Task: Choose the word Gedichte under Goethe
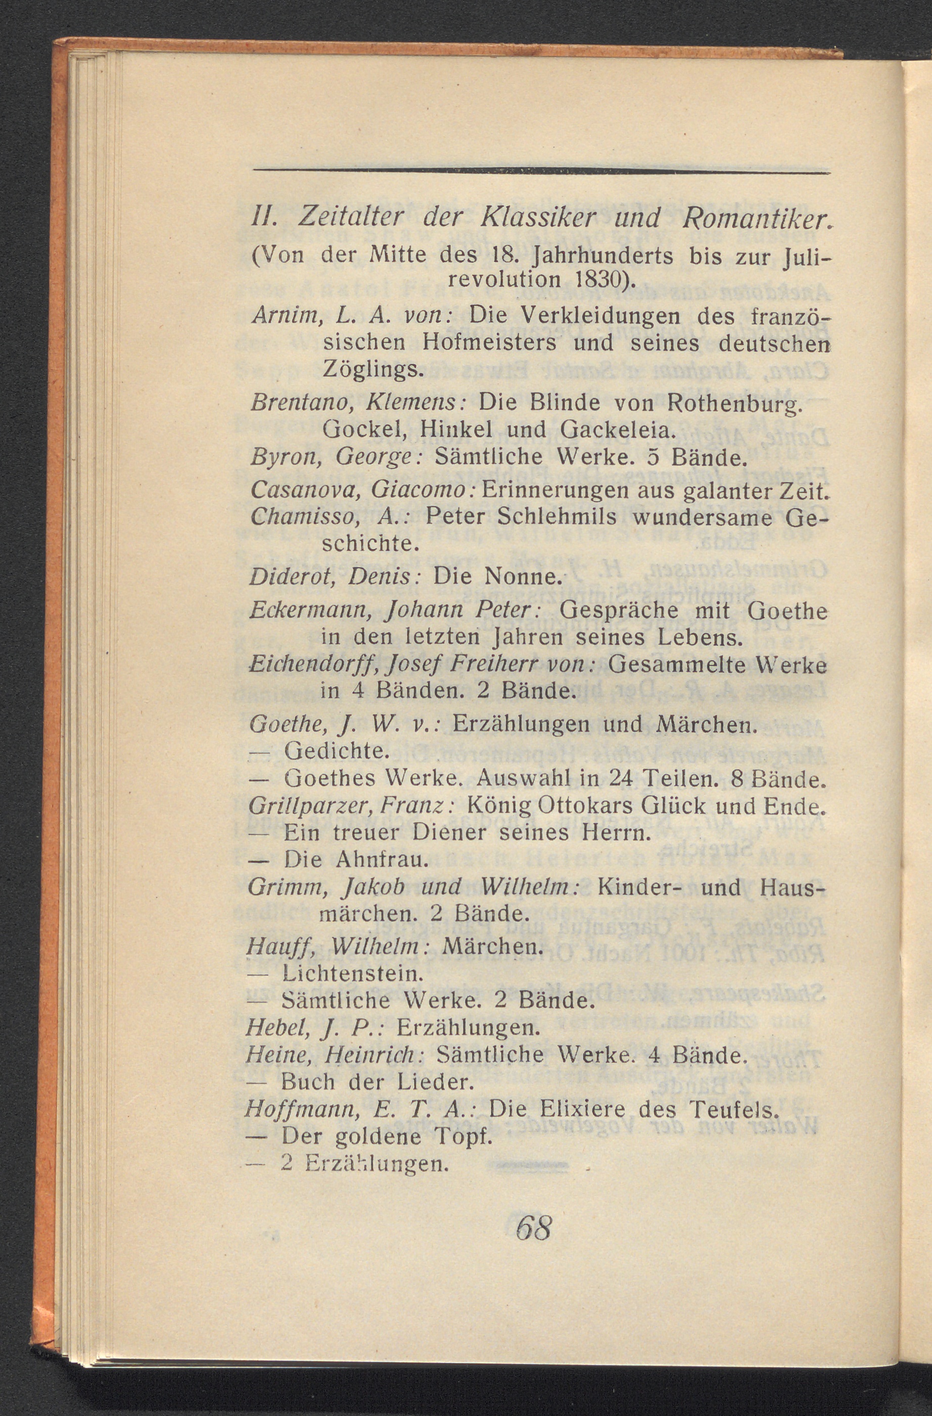[x=336, y=751]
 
